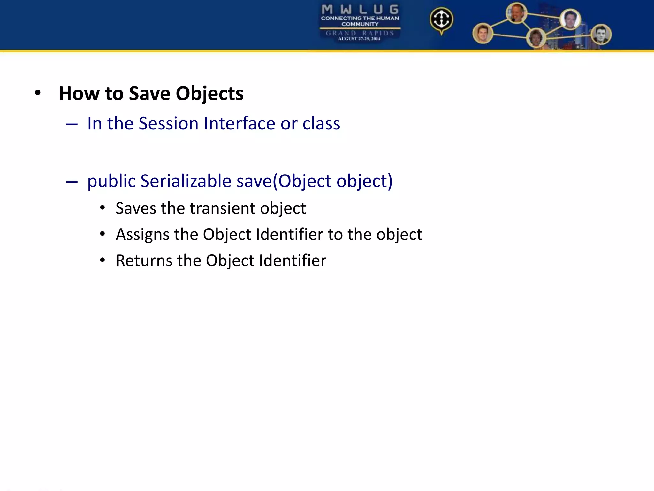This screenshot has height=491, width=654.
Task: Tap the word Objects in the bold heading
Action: pyautogui.click(x=209, y=94)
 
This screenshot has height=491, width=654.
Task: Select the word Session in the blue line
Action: pyautogui.click(x=168, y=123)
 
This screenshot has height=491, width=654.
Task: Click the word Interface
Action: pyautogui.click(x=239, y=123)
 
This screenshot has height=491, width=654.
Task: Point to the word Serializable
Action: pyautogui.click(x=186, y=181)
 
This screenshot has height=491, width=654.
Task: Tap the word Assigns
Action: pyautogui.click(x=142, y=235)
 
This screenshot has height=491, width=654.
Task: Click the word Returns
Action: pyautogui.click(x=144, y=261)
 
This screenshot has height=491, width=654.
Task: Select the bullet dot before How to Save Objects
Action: pyautogui.click(x=38, y=93)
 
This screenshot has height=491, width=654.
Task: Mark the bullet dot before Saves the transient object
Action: pyautogui.click(x=103, y=208)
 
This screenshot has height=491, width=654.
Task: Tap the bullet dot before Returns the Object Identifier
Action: pyautogui.click(x=103, y=260)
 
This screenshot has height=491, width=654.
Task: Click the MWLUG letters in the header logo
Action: pyautogui.click(x=360, y=10)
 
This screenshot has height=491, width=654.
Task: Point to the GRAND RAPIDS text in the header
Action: pyautogui.click(x=360, y=33)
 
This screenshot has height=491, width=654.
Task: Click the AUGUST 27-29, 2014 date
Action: pyautogui.click(x=359, y=39)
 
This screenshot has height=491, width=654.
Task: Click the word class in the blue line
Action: pyautogui.click(x=321, y=123)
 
